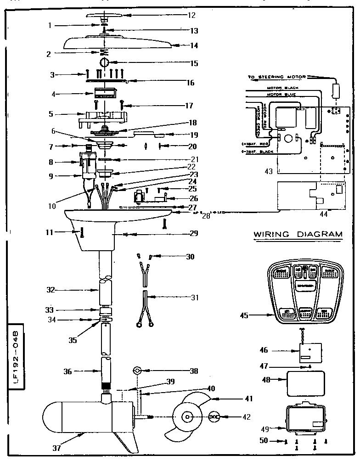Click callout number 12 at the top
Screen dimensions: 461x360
[179, 15]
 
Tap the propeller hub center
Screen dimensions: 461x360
[187, 417]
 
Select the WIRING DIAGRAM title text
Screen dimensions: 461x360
[298, 234]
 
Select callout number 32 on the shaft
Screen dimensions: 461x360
[51, 290]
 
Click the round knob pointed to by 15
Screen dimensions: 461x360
[104, 62]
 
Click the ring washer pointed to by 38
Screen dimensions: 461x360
[137, 370]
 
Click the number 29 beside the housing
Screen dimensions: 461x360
[194, 233]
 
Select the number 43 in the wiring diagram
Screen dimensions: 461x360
[268, 172]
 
